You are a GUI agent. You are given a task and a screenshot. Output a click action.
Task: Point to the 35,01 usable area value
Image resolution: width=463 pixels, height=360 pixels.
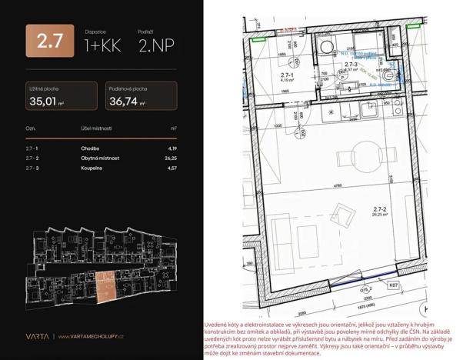45,99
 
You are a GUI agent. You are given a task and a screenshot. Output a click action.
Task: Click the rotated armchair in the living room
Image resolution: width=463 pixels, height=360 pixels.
340,208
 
